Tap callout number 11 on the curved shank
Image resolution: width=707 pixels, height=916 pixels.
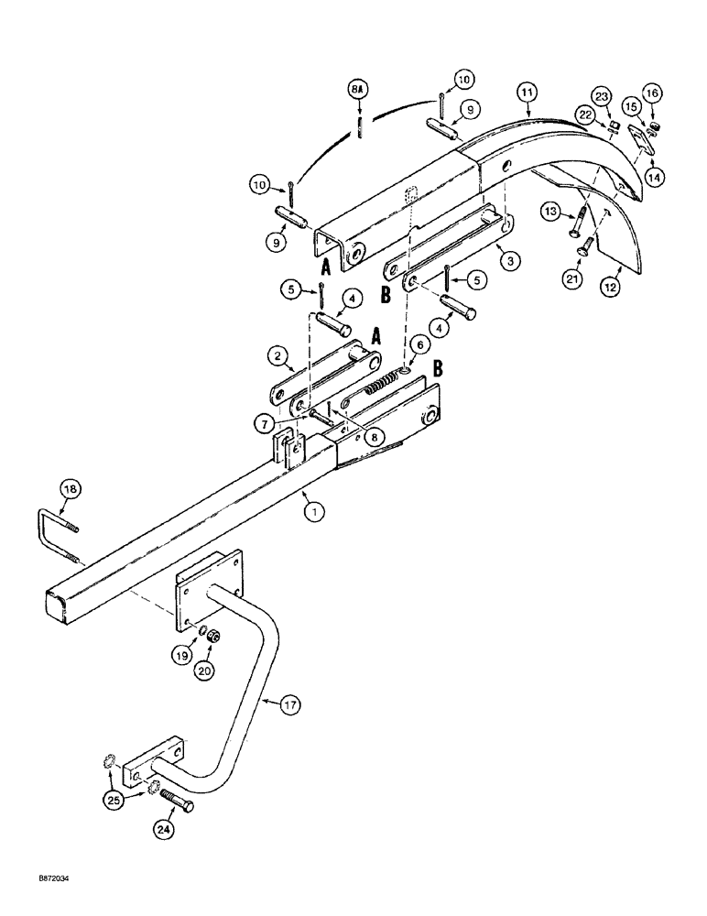tap(527, 93)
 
